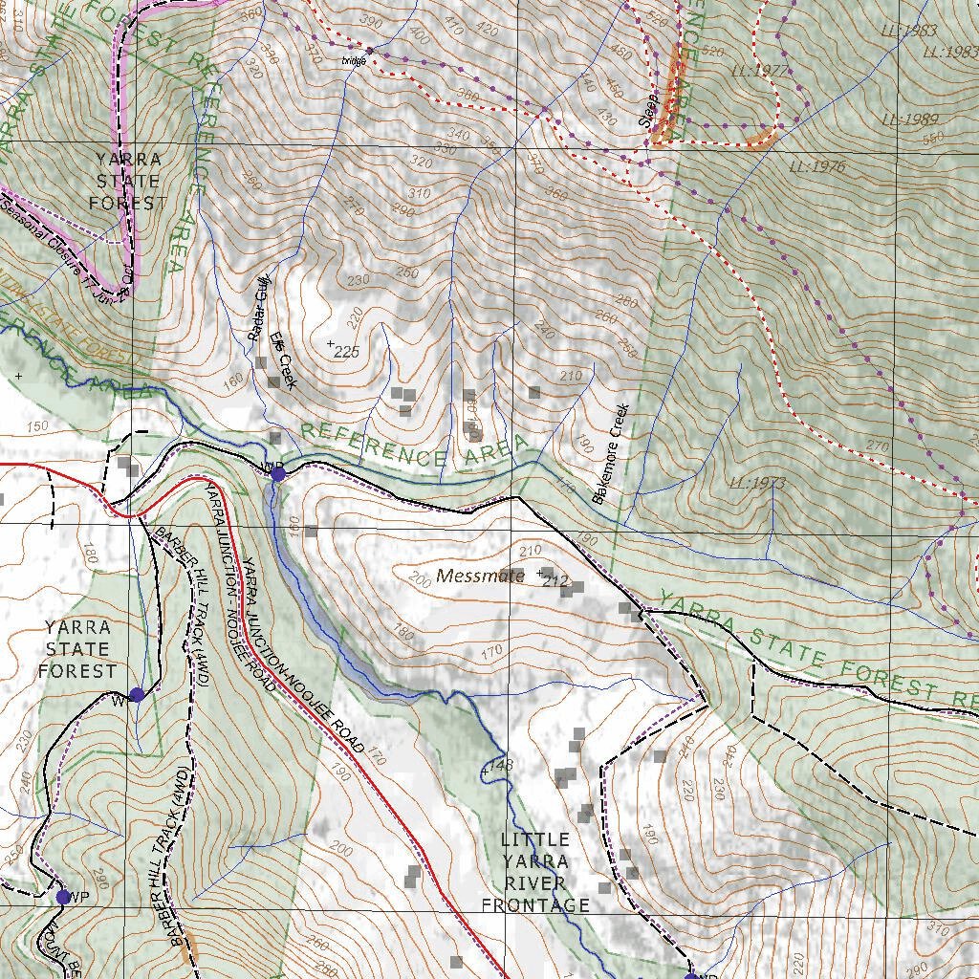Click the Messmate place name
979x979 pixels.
click(481, 576)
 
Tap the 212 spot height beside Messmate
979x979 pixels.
click(555, 579)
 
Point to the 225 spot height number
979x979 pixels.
click(346, 352)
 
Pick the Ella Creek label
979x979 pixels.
click(283, 360)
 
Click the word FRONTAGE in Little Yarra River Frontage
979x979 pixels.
click(535, 904)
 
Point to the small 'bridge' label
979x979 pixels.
click(355, 60)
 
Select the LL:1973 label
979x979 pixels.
click(756, 483)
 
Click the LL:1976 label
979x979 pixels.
click(817, 166)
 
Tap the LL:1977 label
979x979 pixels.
click(758, 71)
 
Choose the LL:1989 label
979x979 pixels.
click(908, 120)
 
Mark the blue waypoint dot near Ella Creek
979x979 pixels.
click(278, 473)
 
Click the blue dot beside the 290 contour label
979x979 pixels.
click(63, 897)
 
